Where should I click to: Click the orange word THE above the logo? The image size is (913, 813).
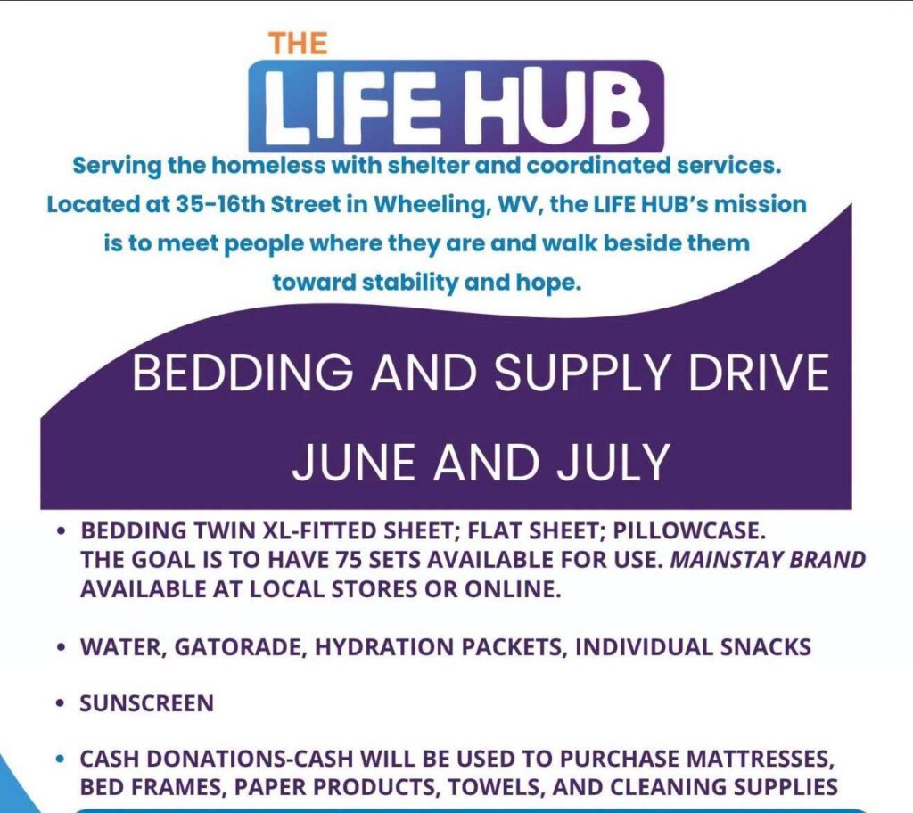[x=298, y=44]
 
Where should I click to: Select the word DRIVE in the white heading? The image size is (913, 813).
[x=759, y=372]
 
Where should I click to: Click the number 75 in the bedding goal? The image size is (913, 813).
[x=349, y=560]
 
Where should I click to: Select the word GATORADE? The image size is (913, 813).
[x=241, y=647]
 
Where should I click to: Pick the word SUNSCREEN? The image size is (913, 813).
[x=147, y=703]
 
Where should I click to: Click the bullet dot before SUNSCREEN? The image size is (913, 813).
[x=60, y=703]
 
